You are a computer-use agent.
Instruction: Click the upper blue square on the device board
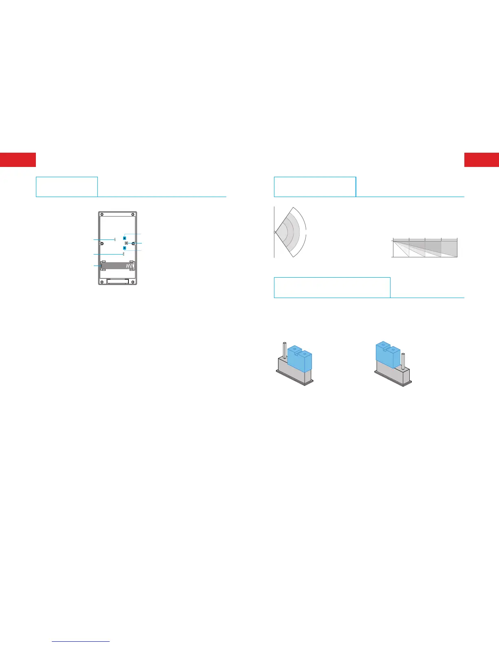(x=124, y=237)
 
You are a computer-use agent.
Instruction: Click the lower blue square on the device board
(x=124, y=248)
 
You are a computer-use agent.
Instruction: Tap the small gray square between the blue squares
(x=126, y=243)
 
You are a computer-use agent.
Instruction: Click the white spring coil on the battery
(x=130, y=266)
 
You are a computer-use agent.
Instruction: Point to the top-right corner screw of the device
(x=133, y=215)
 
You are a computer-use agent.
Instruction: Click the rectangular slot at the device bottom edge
(x=117, y=281)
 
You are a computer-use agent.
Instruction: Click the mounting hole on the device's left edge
(x=102, y=244)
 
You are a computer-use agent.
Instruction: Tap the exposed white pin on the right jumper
(x=403, y=361)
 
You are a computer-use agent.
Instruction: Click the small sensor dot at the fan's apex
(x=274, y=233)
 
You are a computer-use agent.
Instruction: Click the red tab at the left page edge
(x=18, y=160)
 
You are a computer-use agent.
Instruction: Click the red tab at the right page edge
(x=481, y=160)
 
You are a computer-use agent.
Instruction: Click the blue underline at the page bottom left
(x=81, y=641)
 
